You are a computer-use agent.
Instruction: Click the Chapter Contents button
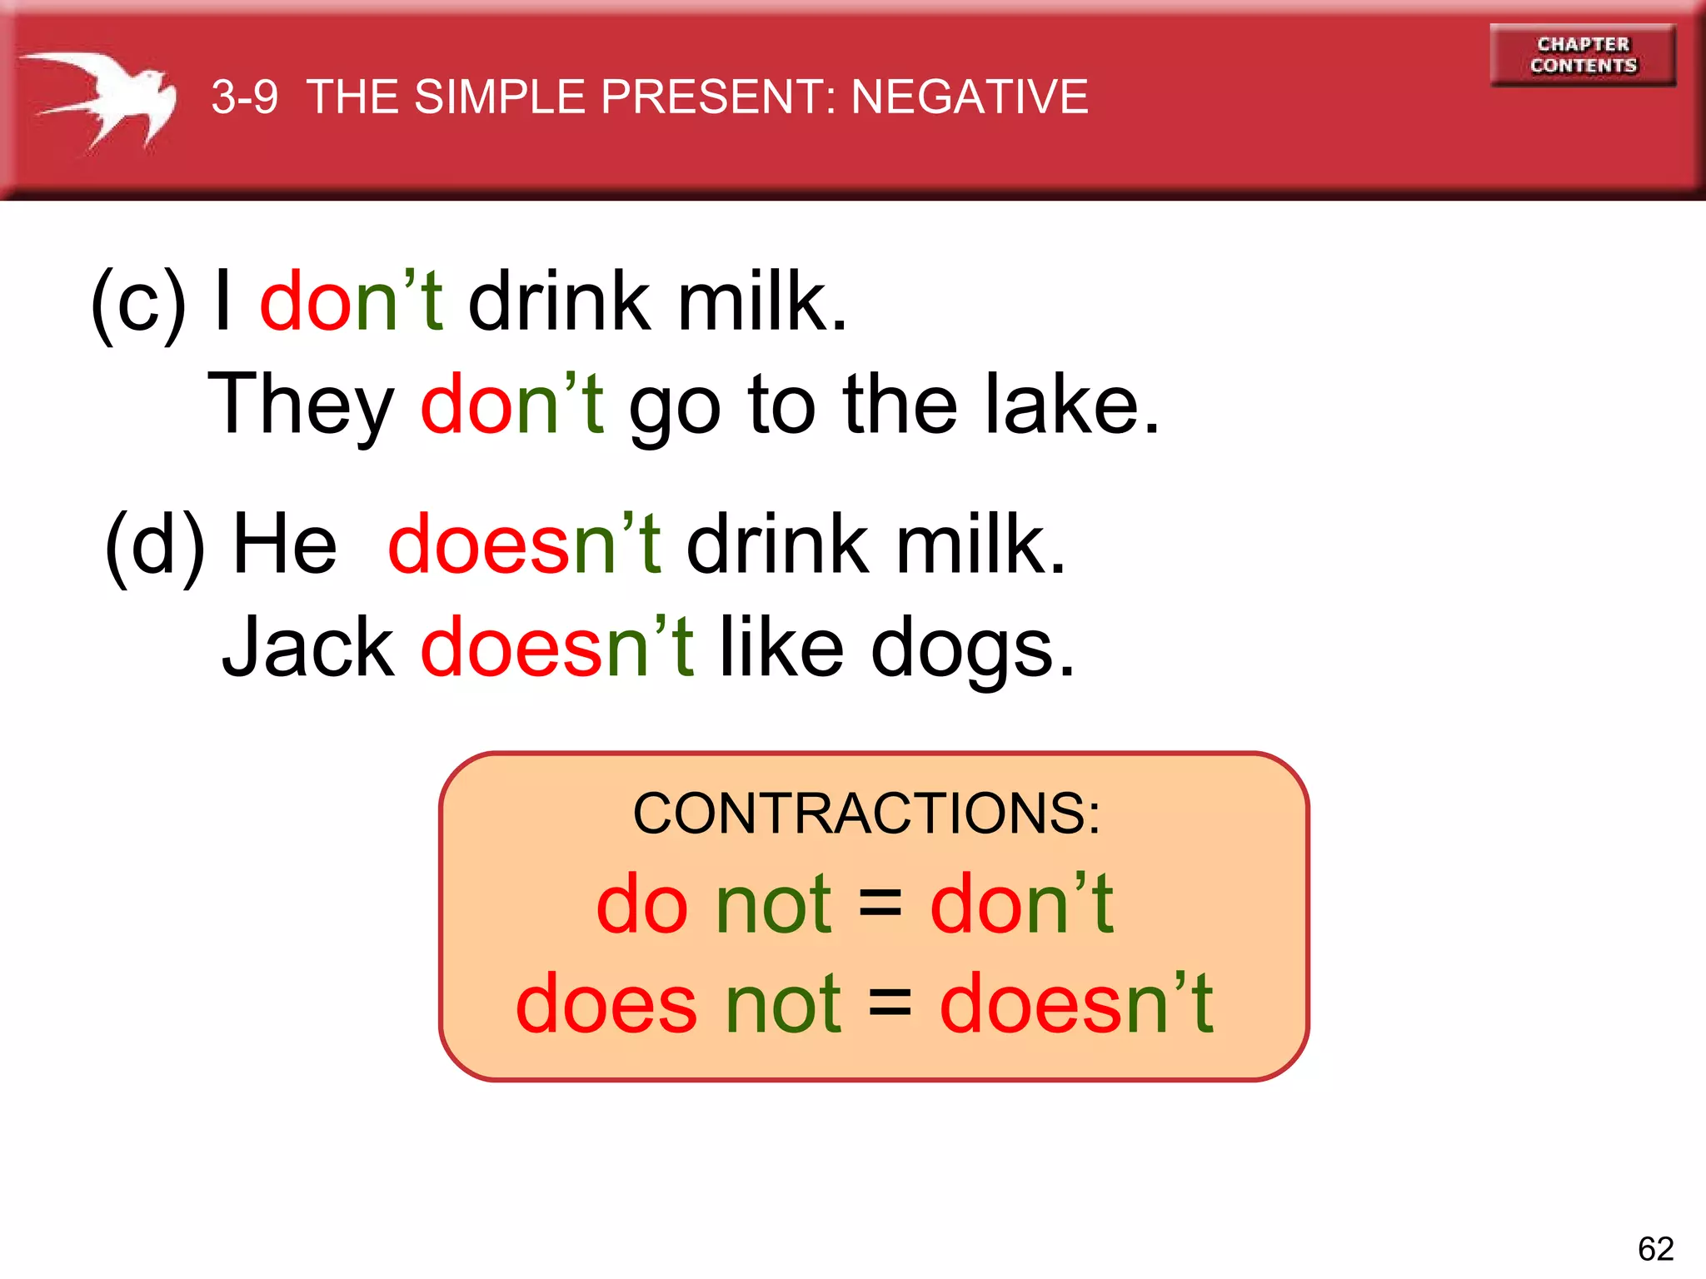pyautogui.click(x=1583, y=55)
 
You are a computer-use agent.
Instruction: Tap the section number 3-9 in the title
pyautogui.click(x=244, y=97)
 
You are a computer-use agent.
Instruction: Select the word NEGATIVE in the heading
pyautogui.click(x=970, y=97)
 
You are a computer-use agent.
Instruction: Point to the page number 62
pyautogui.click(x=1655, y=1248)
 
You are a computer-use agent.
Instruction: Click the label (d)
pyautogui.click(x=155, y=546)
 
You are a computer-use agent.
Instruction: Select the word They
pyautogui.click(x=301, y=406)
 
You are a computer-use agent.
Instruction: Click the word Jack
pyautogui.click(x=308, y=648)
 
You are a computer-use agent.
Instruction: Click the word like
pyautogui.click(x=781, y=648)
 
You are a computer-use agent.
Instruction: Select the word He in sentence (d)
pyautogui.click(x=285, y=545)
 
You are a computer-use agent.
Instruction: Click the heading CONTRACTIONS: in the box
pyautogui.click(x=866, y=813)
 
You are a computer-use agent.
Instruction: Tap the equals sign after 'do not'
pyautogui.click(x=880, y=904)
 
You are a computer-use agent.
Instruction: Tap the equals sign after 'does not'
pyautogui.click(x=890, y=1003)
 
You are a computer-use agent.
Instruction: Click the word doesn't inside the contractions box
pyautogui.click(x=1076, y=1003)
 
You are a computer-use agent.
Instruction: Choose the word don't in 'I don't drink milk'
pyautogui.click(x=352, y=301)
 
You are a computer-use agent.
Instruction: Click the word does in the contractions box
pyautogui.click(x=606, y=1004)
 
